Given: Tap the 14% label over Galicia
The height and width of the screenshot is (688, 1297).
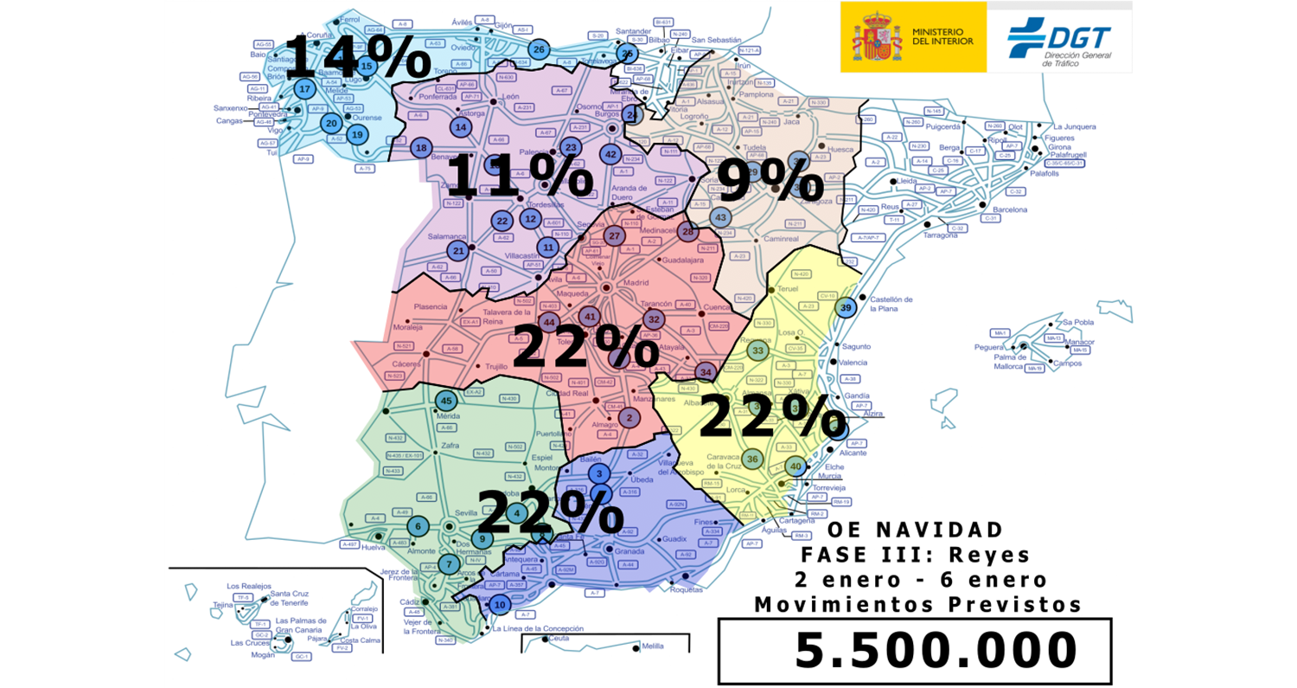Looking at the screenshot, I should pyautogui.click(x=356, y=59).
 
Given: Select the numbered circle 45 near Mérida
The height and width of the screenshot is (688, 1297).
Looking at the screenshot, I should pyautogui.click(x=446, y=401).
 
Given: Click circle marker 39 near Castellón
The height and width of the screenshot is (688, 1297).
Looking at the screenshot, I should pyautogui.click(x=847, y=308).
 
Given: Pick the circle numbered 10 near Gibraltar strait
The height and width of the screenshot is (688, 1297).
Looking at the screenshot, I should pyautogui.click(x=499, y=606).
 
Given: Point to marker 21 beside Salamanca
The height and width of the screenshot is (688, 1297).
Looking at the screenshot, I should pyautogui.click(x=459, y=250).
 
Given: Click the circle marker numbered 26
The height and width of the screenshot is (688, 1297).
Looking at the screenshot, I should pyautogui.click(x=539, y=49).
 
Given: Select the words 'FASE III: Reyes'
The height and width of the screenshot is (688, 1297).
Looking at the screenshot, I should pyautogui.click(x=914, y=554).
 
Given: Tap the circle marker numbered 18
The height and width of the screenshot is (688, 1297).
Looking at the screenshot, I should pyautogui.click(x=421, y=148).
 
